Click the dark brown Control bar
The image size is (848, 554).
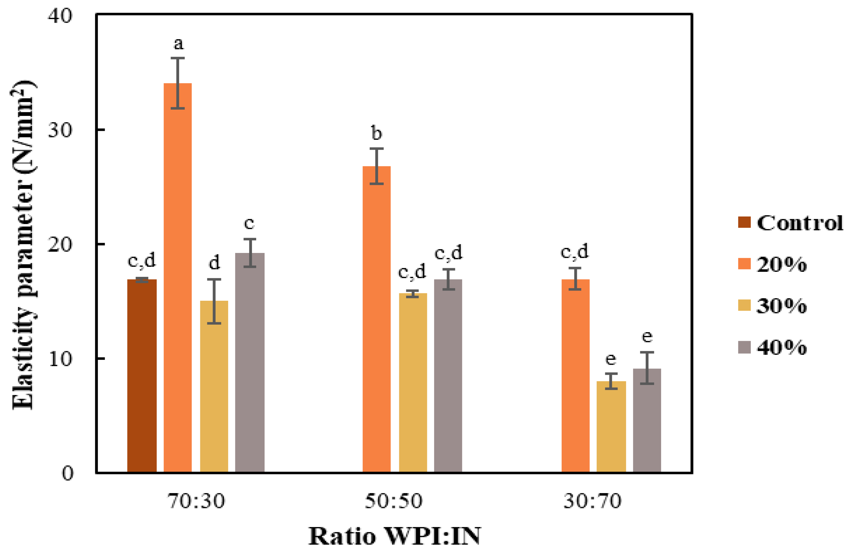(x=142, y=376)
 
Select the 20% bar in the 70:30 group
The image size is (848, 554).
(x=177, y=278)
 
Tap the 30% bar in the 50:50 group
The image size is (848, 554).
(x=413, y=383)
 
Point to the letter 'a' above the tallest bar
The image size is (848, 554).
(x=178, y=44)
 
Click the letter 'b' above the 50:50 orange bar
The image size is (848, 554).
(x=377, y=133)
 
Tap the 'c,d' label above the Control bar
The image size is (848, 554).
(x=142, y=261)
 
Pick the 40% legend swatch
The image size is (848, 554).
(x=744, y=347)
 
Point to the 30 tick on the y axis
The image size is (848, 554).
(x=60, y=130)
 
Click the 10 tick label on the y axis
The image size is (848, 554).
(x=60, y=359)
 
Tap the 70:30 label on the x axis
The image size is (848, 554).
(x=196, y=501)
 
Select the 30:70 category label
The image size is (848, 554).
(x=592, y=501)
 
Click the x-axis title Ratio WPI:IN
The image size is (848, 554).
(x=394, y=536)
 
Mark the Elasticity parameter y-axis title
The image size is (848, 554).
(x=23, y=246)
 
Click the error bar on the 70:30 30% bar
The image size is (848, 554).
(x=214, y=301)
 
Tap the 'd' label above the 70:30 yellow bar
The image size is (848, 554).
(x=214, y=263)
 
